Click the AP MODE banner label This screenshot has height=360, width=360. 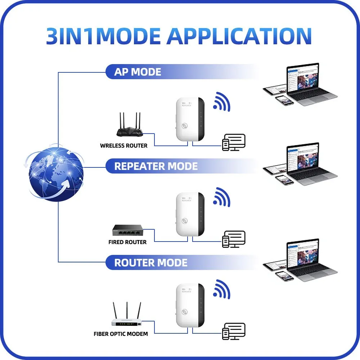138,72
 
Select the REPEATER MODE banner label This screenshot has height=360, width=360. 156,166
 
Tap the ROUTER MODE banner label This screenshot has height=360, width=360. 151,262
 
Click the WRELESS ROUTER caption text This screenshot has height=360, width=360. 123,146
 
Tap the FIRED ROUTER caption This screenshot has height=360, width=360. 127,242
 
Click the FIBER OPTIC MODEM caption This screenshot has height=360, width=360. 121,334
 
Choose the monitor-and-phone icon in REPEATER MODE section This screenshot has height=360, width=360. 234,239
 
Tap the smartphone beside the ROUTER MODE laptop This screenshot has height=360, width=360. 285,276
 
